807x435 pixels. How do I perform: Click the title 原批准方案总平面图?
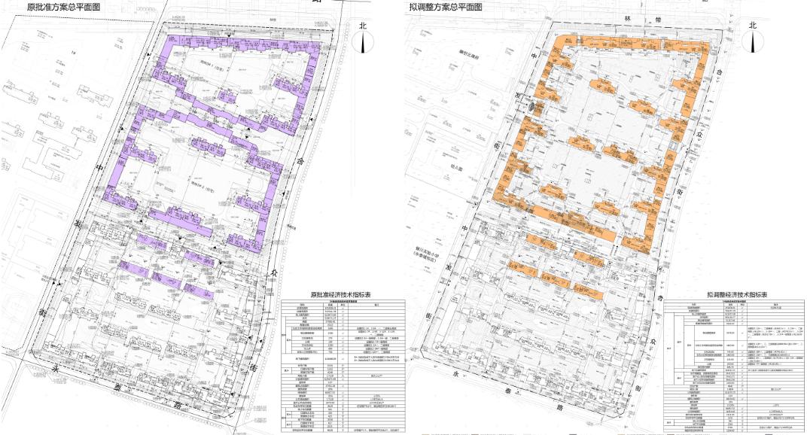click(63, 8)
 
